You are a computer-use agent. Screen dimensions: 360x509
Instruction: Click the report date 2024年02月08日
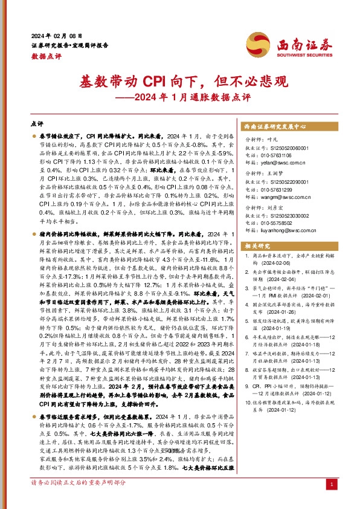coord(56,36)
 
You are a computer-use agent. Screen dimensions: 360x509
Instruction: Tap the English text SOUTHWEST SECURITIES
coord(300,52)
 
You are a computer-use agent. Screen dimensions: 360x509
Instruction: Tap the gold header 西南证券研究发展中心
coord(275,126)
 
